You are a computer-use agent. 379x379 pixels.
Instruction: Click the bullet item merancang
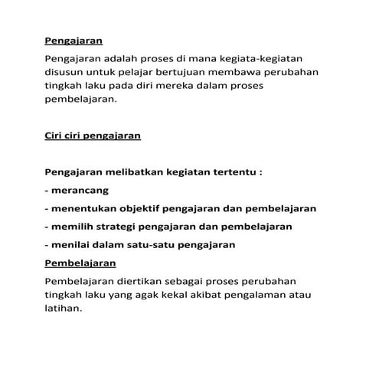pyautogui.click(x=78, y=191)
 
